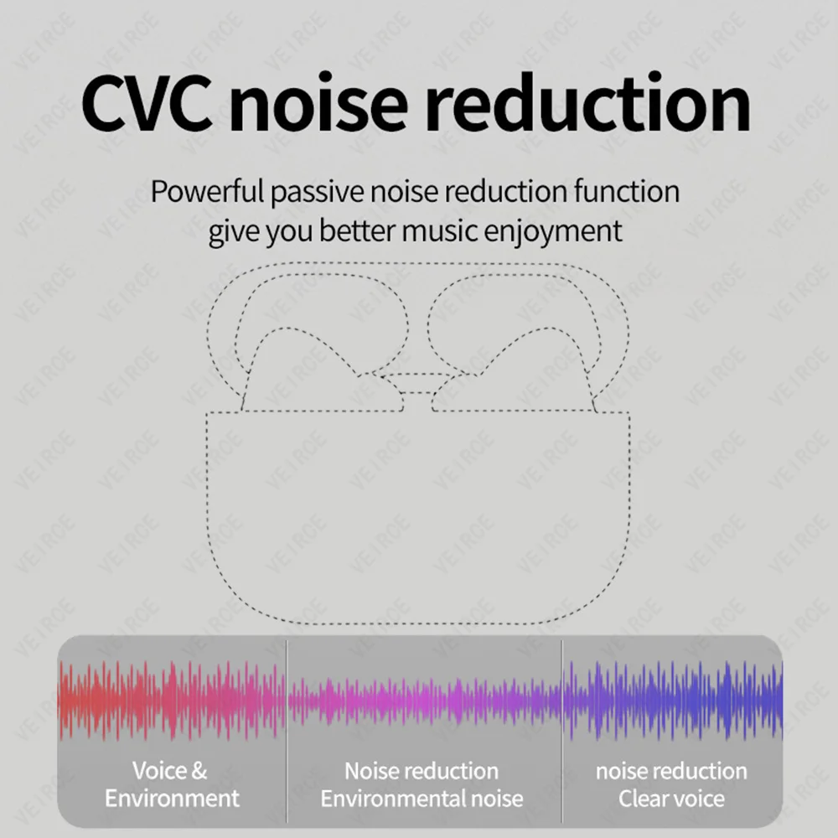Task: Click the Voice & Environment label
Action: click(x=171, y=784)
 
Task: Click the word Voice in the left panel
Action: click(x=158, y=771)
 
